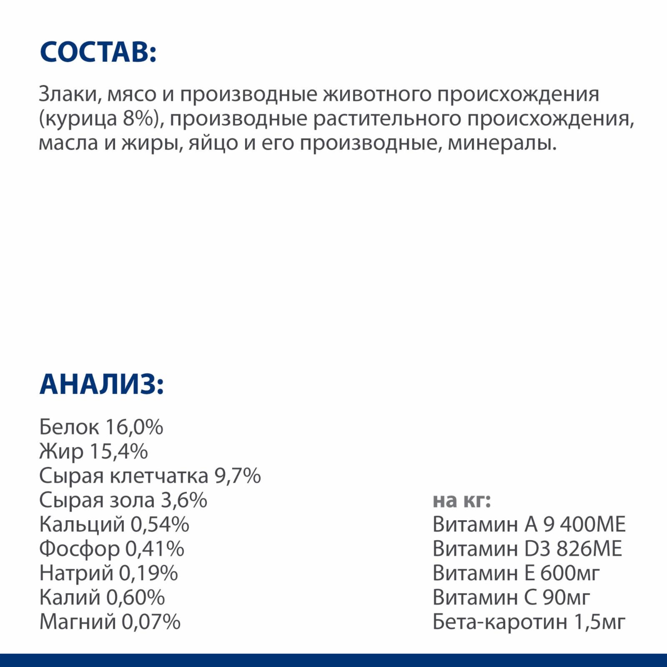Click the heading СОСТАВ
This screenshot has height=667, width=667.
(x=98, y=53)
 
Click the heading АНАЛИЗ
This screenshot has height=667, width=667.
(x=101, y=384)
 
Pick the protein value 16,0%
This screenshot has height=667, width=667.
(x=134, y=427)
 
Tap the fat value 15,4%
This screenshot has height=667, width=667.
(x=119, y=451)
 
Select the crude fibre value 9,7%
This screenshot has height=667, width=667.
(x=238, y=476)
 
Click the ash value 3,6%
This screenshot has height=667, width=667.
(x=184, y=500)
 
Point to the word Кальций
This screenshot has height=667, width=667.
(x=82, y=524)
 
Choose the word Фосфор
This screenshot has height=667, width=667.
(x=79, y=549)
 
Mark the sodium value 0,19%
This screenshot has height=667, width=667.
(x=148, y=573)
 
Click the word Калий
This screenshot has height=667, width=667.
(x=70, y=597)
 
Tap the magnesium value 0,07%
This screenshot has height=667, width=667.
(x=151, y=622)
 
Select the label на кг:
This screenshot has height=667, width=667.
(x=462, y=500)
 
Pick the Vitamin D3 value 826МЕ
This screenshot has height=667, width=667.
(x=589, y=549)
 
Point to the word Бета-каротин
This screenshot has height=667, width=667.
(x=500, y=622)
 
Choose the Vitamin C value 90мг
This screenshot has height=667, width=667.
(x=566, y=597)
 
